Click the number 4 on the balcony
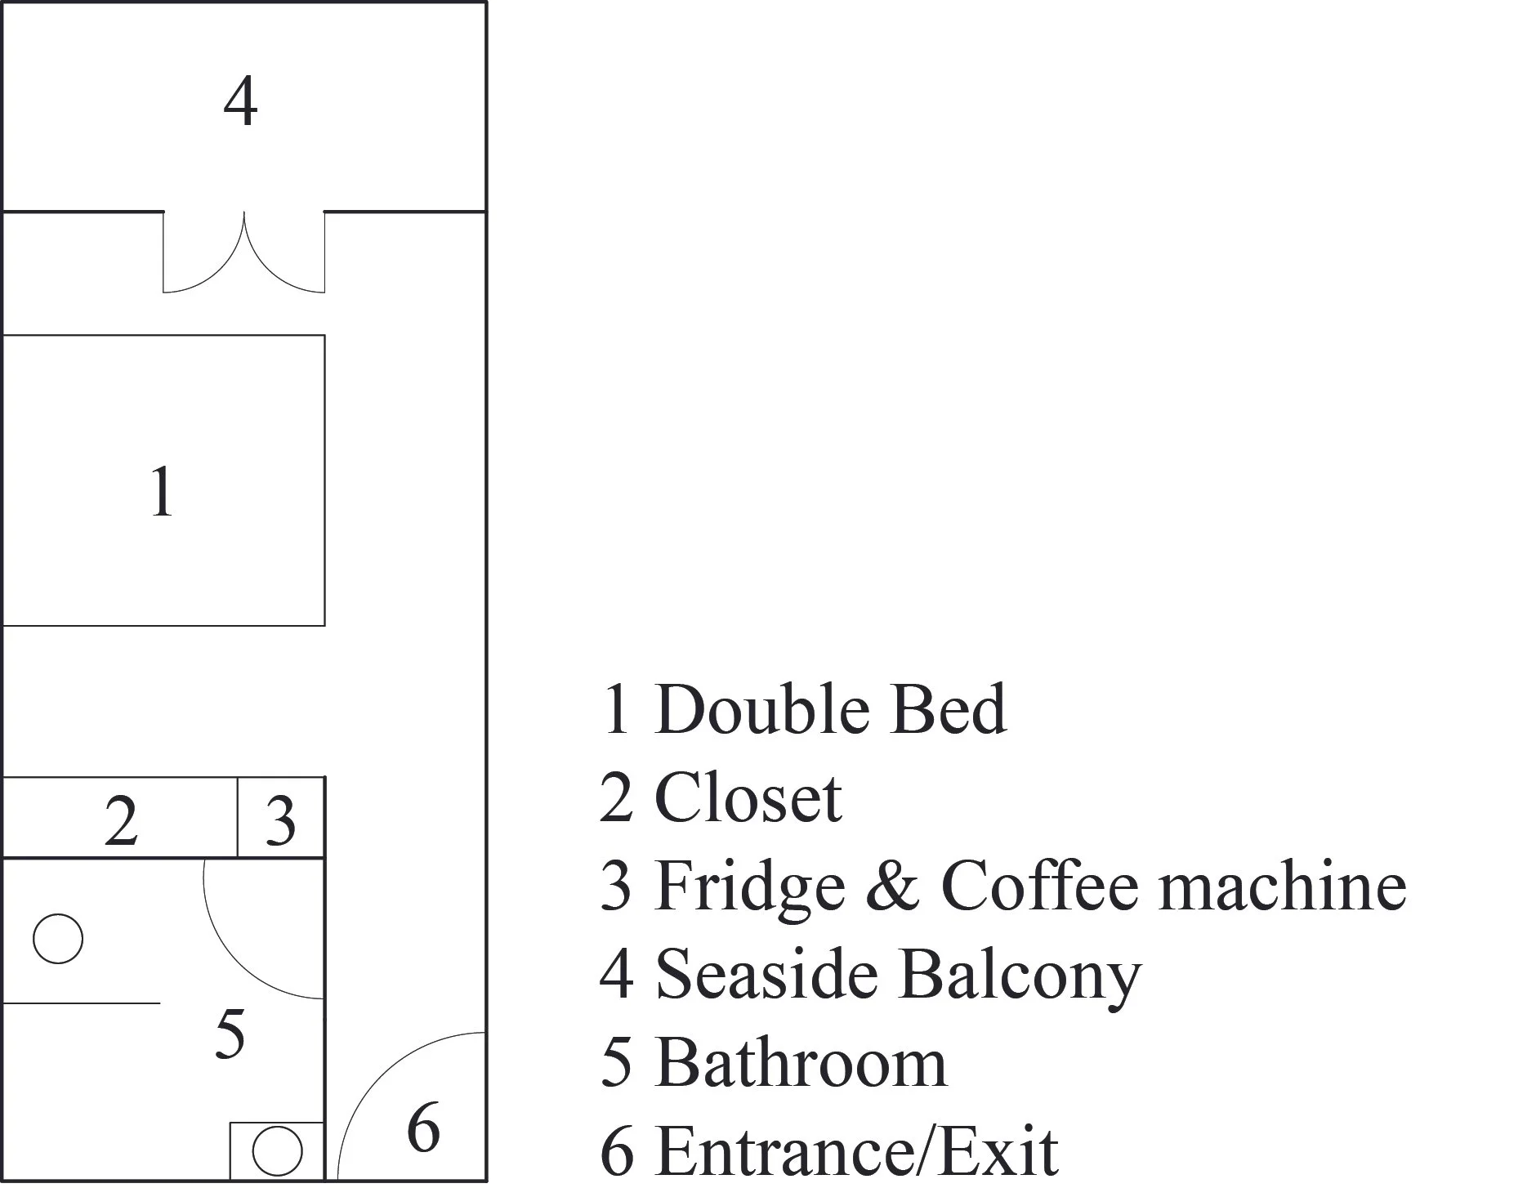240,103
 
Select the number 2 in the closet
121,821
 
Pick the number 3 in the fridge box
280,821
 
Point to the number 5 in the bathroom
230,1034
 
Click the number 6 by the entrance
423,1128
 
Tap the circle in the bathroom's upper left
58,939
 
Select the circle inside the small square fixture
277,1150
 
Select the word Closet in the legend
748,798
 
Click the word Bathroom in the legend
801,1063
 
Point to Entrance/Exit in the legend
856,1151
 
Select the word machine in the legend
1283,887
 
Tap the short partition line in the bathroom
82,1003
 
